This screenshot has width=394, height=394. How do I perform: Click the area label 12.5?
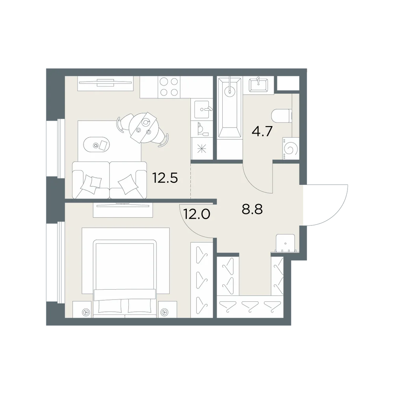165,178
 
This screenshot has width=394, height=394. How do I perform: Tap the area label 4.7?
262,131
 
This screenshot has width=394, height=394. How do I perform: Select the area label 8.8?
252,209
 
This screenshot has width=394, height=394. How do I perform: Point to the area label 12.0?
197,214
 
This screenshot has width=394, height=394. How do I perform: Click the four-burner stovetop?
169,87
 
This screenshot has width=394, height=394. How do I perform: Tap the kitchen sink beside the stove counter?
202,110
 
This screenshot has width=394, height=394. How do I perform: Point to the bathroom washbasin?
258,85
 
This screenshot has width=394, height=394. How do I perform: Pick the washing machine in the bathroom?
291,148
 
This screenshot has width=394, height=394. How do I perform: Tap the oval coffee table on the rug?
96,144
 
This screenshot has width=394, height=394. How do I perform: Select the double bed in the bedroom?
125,279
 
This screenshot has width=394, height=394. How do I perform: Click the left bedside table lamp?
86,312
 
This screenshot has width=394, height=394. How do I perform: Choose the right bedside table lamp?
165,312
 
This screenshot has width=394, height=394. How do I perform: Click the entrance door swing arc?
339,213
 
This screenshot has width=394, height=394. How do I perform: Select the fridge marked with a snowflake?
202,149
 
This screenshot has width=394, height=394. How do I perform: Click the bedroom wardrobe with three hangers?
202,280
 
